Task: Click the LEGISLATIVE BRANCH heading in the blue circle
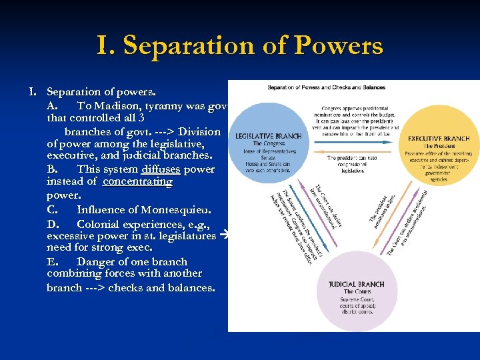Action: click(268, 136)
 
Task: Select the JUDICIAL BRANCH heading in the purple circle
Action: click(356, 284)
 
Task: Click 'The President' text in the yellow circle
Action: click(438, 147)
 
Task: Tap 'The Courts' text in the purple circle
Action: click(357, 292)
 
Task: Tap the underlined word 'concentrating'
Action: click(137, 181)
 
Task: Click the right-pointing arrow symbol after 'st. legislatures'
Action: click(223, 235)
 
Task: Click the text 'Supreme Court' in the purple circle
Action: click(357, 300)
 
